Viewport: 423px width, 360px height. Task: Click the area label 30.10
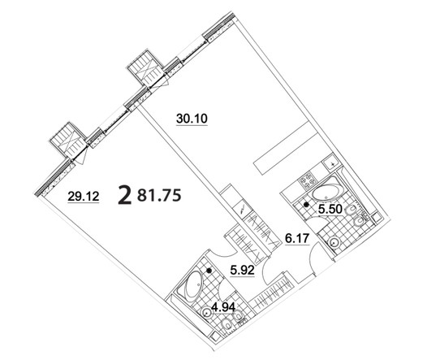click(192, 119)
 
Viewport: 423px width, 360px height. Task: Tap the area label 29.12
click(84, 196)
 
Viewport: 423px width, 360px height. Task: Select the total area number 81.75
click(159, 195)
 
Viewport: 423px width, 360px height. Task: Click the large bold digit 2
click(125, 196)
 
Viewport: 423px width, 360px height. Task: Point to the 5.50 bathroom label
click(330, 209)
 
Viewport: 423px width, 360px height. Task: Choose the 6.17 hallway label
click(297, 238)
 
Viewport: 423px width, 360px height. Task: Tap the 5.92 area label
click(242, 270)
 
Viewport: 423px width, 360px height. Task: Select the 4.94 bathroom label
click(223, 307)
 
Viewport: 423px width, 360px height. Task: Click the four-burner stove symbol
click(307, 180)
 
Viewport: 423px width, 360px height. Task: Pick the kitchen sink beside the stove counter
click(331, 163)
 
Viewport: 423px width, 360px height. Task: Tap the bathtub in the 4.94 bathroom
click(193, 287)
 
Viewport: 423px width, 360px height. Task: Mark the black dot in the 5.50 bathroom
click(306, 205)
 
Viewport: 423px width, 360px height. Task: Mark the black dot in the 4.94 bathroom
click(209, 271)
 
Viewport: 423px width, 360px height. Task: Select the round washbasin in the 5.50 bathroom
click(335, 242)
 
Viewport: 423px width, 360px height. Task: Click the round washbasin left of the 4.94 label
click(207, 313)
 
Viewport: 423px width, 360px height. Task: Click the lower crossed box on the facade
click(69, 141)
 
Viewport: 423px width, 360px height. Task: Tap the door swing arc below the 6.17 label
click(310, 258)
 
